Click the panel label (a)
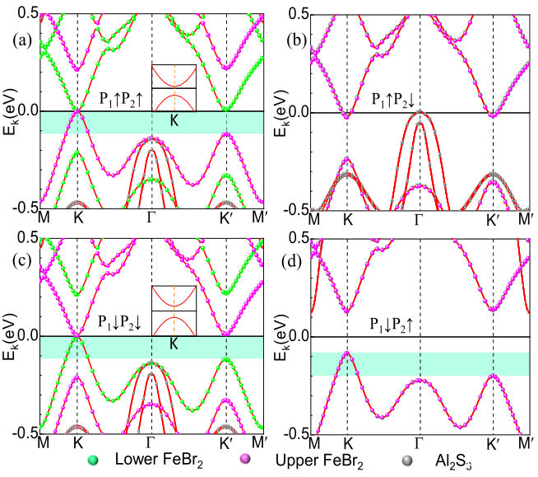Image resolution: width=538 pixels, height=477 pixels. point(18,40)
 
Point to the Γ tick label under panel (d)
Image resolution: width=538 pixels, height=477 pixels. point(420,442)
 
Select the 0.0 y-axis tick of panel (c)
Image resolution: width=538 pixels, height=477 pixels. point(26,336)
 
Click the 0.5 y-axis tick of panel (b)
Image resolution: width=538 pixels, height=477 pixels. point(295,14)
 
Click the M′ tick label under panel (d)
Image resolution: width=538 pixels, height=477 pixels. point(523,442)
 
